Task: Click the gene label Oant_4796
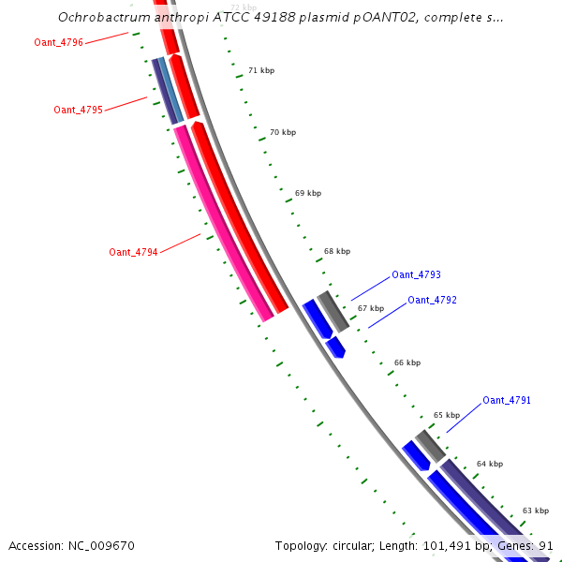58,42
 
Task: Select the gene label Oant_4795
78,110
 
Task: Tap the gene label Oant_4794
133,252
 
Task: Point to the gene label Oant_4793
416,274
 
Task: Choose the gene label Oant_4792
432,300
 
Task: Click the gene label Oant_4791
507,400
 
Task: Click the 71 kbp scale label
261,70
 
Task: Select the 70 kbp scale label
282,132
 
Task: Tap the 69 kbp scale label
307,193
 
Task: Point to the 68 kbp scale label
336,251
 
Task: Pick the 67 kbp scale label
370,307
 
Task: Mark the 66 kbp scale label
407,362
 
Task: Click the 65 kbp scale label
446,414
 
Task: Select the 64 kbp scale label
489,464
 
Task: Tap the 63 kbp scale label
535,510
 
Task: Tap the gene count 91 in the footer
546,545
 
